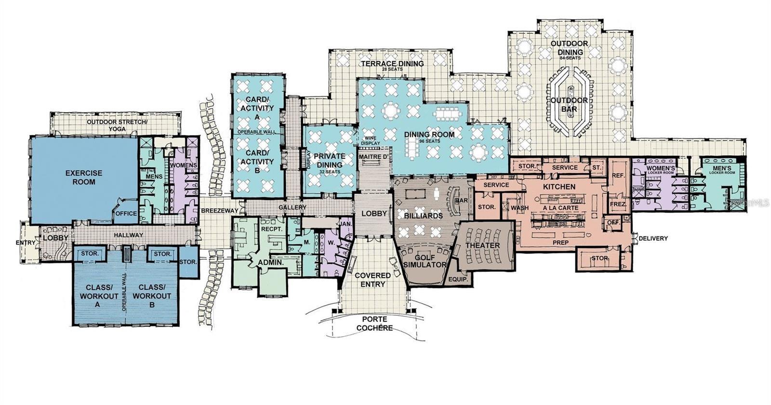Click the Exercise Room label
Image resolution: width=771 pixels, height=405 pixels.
point(84,177)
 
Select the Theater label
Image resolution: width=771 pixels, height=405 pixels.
point(482,245)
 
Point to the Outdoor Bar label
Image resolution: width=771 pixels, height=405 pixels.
point(569,105)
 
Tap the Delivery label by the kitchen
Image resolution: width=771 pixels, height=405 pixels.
point(653,238)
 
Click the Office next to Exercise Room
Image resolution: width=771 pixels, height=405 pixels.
point(127,214)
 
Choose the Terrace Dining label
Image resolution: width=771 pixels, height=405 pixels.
point(392,64)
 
